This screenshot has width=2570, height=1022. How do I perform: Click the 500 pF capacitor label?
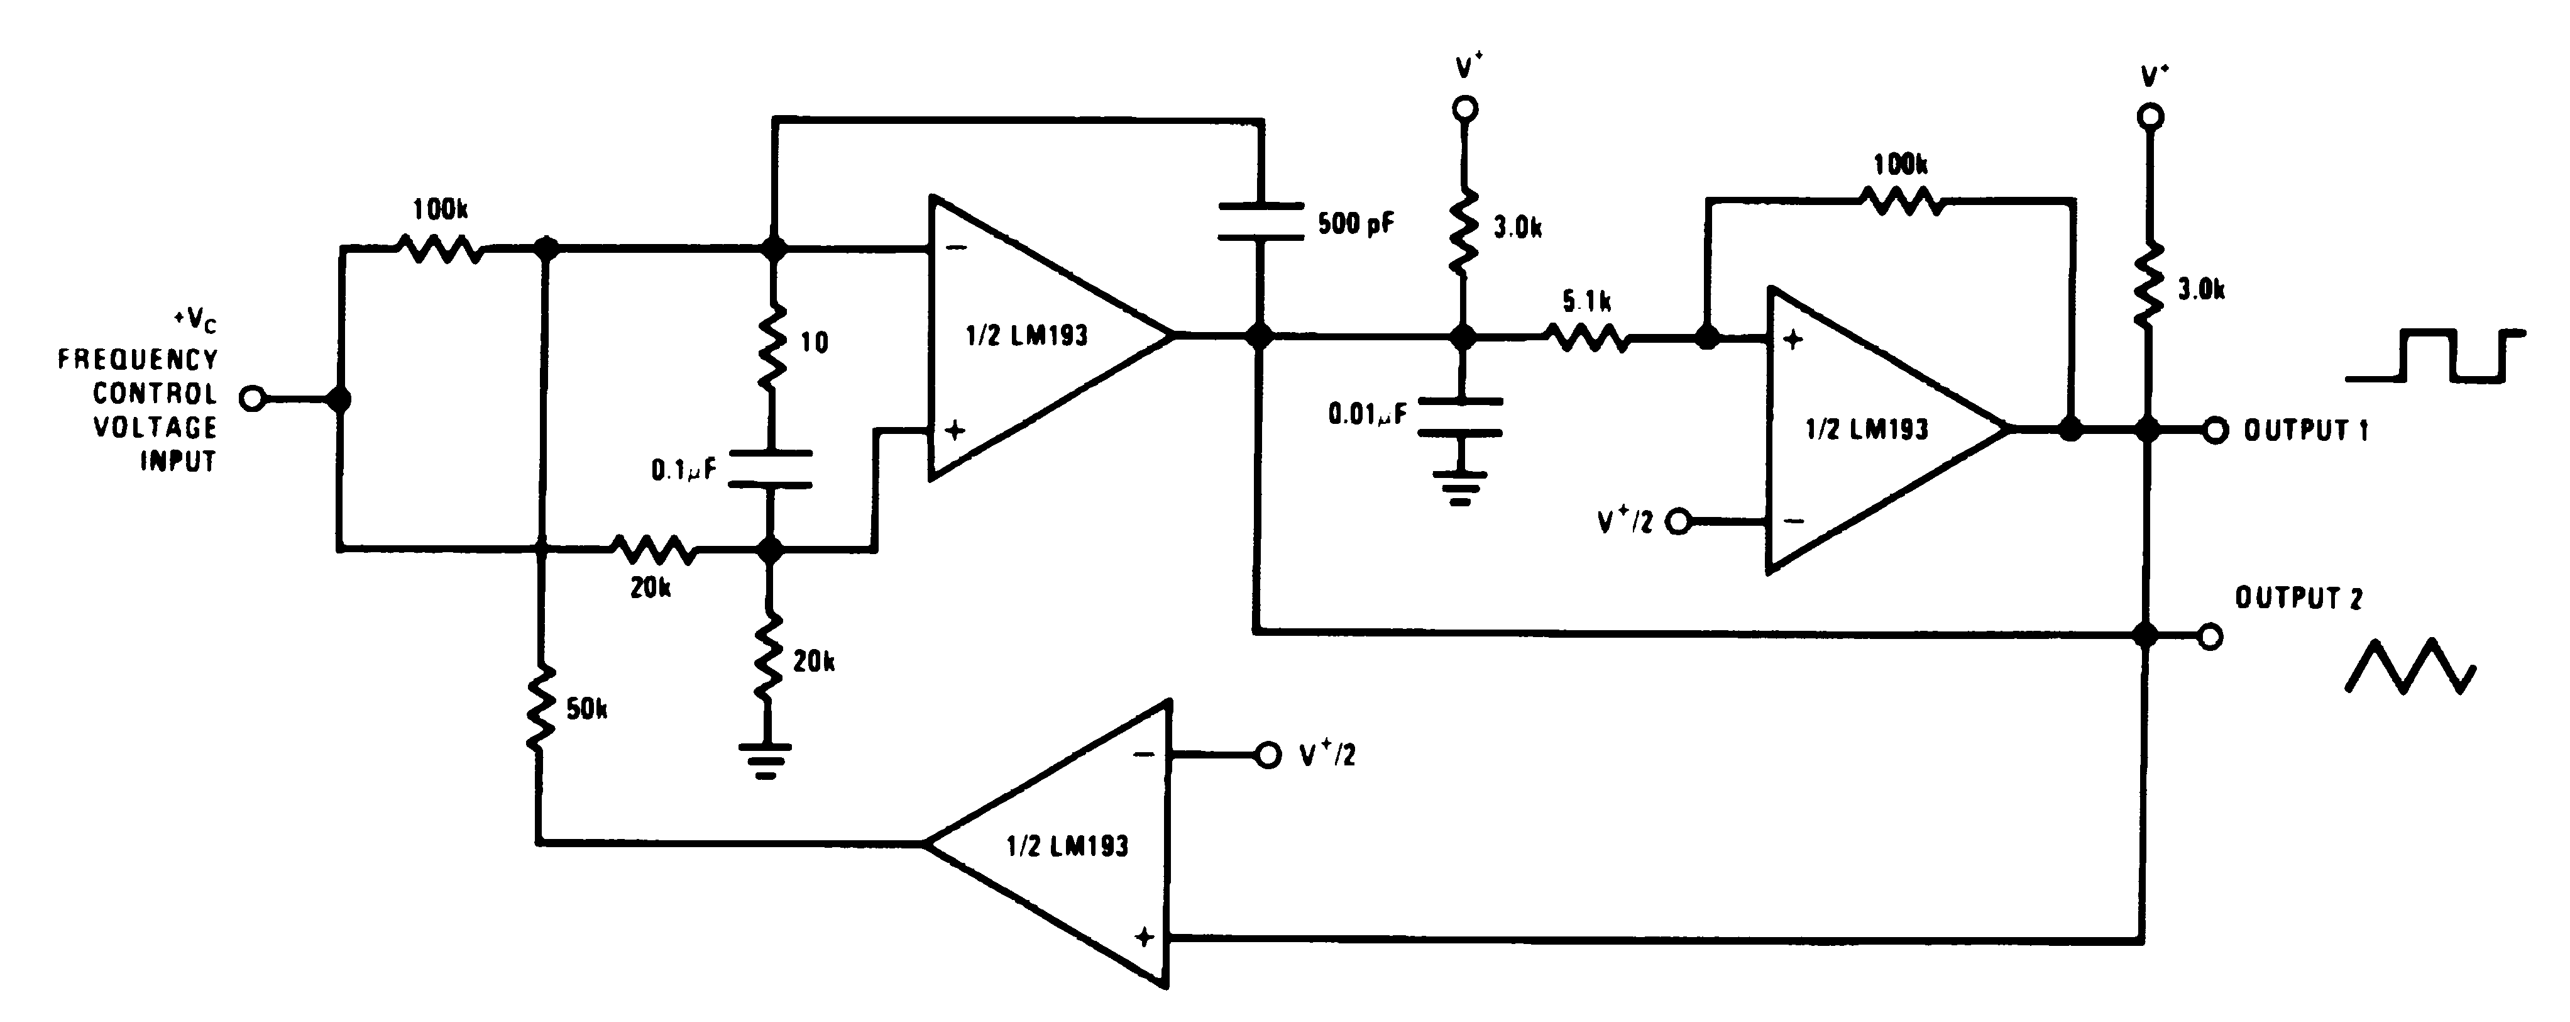pyautogui.click(x=1355, y=223)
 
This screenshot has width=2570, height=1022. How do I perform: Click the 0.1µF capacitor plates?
pyautogui.click(x=769, y=469)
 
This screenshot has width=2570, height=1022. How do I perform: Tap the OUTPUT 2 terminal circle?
pyautogui.click(x=2211, y=636)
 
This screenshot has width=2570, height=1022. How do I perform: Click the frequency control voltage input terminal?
pyautogui.click(x=253, y=399)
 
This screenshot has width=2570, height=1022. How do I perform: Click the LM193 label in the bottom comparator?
pyautogui.click(x=1067, y=847)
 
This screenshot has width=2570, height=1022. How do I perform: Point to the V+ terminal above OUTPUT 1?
pyautogui.click(x=2151, y=118)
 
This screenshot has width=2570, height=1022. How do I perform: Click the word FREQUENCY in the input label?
pyautogui.click(x=136, y=359)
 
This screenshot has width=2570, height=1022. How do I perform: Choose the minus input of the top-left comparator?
pyautogui.click(x=955, y=250)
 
